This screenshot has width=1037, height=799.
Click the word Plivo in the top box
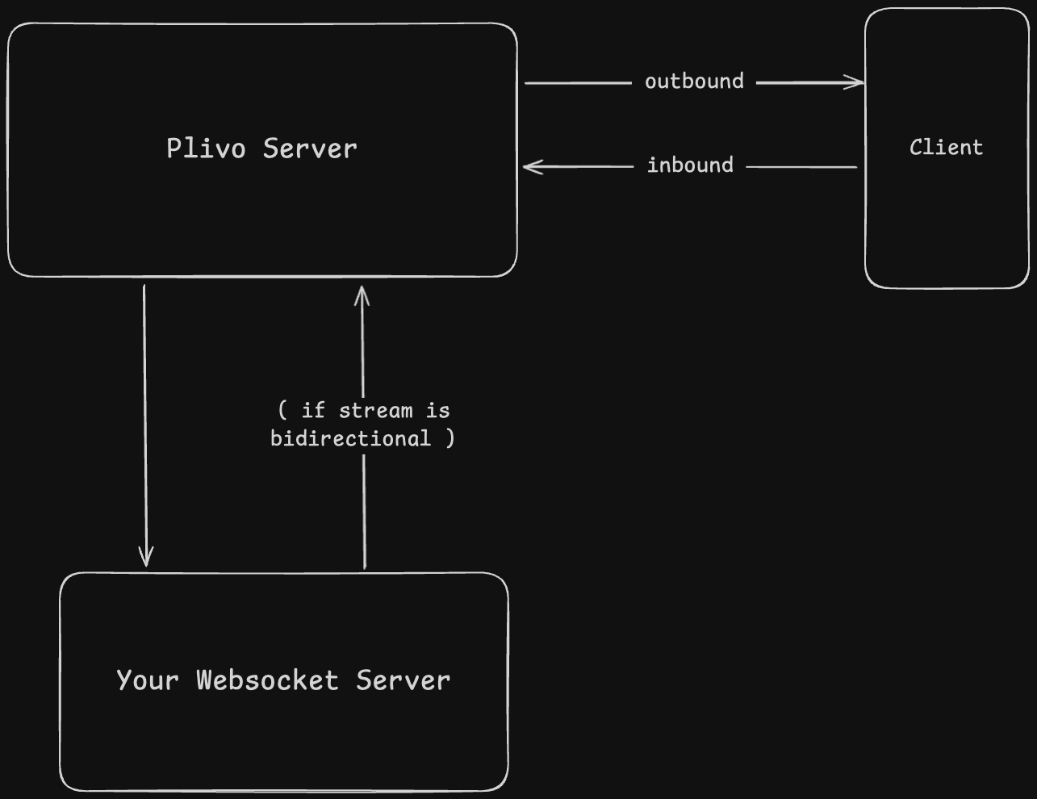point(206,149)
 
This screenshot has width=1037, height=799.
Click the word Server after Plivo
point(310,149)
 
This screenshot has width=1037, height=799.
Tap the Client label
point(946,148)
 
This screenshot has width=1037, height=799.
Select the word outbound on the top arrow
point(694,82)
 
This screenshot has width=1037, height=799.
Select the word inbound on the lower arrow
point(690,165)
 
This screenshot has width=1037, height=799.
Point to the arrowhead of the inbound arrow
point(529,167)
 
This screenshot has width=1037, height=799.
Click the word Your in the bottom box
point(147,680)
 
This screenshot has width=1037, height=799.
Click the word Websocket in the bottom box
point(267,680)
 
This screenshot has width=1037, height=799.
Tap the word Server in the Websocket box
point(403,680)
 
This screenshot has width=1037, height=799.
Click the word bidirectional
point(350,438)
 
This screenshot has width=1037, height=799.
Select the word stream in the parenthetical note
point(375,411)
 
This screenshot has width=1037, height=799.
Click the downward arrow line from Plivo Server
point(145,420)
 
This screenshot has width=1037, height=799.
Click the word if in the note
point(313,411)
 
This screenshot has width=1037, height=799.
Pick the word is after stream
point(437,411)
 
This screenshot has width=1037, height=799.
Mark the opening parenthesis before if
point(282,411)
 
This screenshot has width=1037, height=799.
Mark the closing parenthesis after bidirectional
point(450,438)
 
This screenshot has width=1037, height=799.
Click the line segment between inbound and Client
point(801,167)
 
